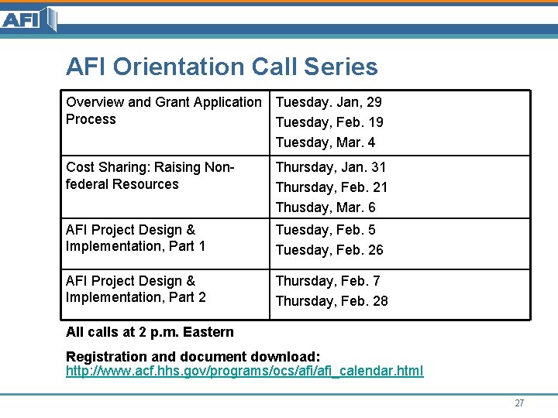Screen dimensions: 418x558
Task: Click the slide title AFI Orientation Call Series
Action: coord(222,67)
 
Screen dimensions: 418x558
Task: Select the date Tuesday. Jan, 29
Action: coord(329,102)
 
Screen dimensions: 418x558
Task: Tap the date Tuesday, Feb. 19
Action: coord(329,122)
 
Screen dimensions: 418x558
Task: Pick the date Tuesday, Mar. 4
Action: coord(325,142)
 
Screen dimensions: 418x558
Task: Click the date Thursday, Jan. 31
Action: coord(331,167)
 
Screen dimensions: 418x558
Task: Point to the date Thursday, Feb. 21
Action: coord(332,187)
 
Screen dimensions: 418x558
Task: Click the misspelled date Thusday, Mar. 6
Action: coord(325,207)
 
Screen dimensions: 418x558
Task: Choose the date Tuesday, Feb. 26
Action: coord(329,250)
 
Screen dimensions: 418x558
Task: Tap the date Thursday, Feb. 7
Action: coord(328,281)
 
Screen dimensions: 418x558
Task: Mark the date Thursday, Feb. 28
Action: coord(332,301)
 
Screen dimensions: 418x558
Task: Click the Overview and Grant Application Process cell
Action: coord(164,111)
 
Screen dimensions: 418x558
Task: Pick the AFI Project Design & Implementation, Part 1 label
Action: coord(136,238)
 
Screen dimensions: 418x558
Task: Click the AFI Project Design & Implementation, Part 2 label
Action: coord(136,290)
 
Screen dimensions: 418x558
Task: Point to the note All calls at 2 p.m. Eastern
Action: coord(150,332)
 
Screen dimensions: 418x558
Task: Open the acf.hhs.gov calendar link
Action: coord(245,371)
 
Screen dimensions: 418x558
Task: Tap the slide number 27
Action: coord(519,403)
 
